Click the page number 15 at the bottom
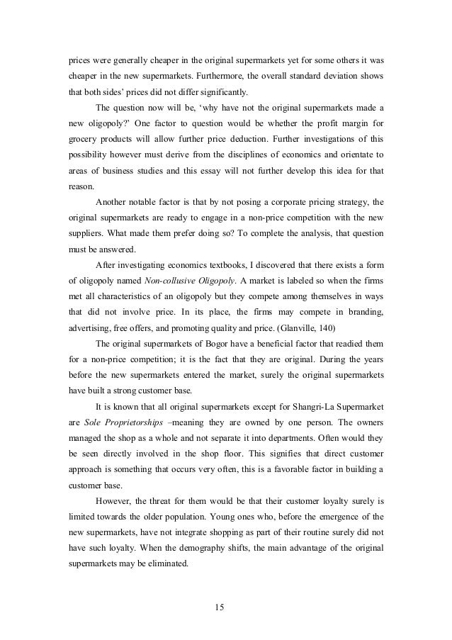pyautogui.click(x=225, y=607)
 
